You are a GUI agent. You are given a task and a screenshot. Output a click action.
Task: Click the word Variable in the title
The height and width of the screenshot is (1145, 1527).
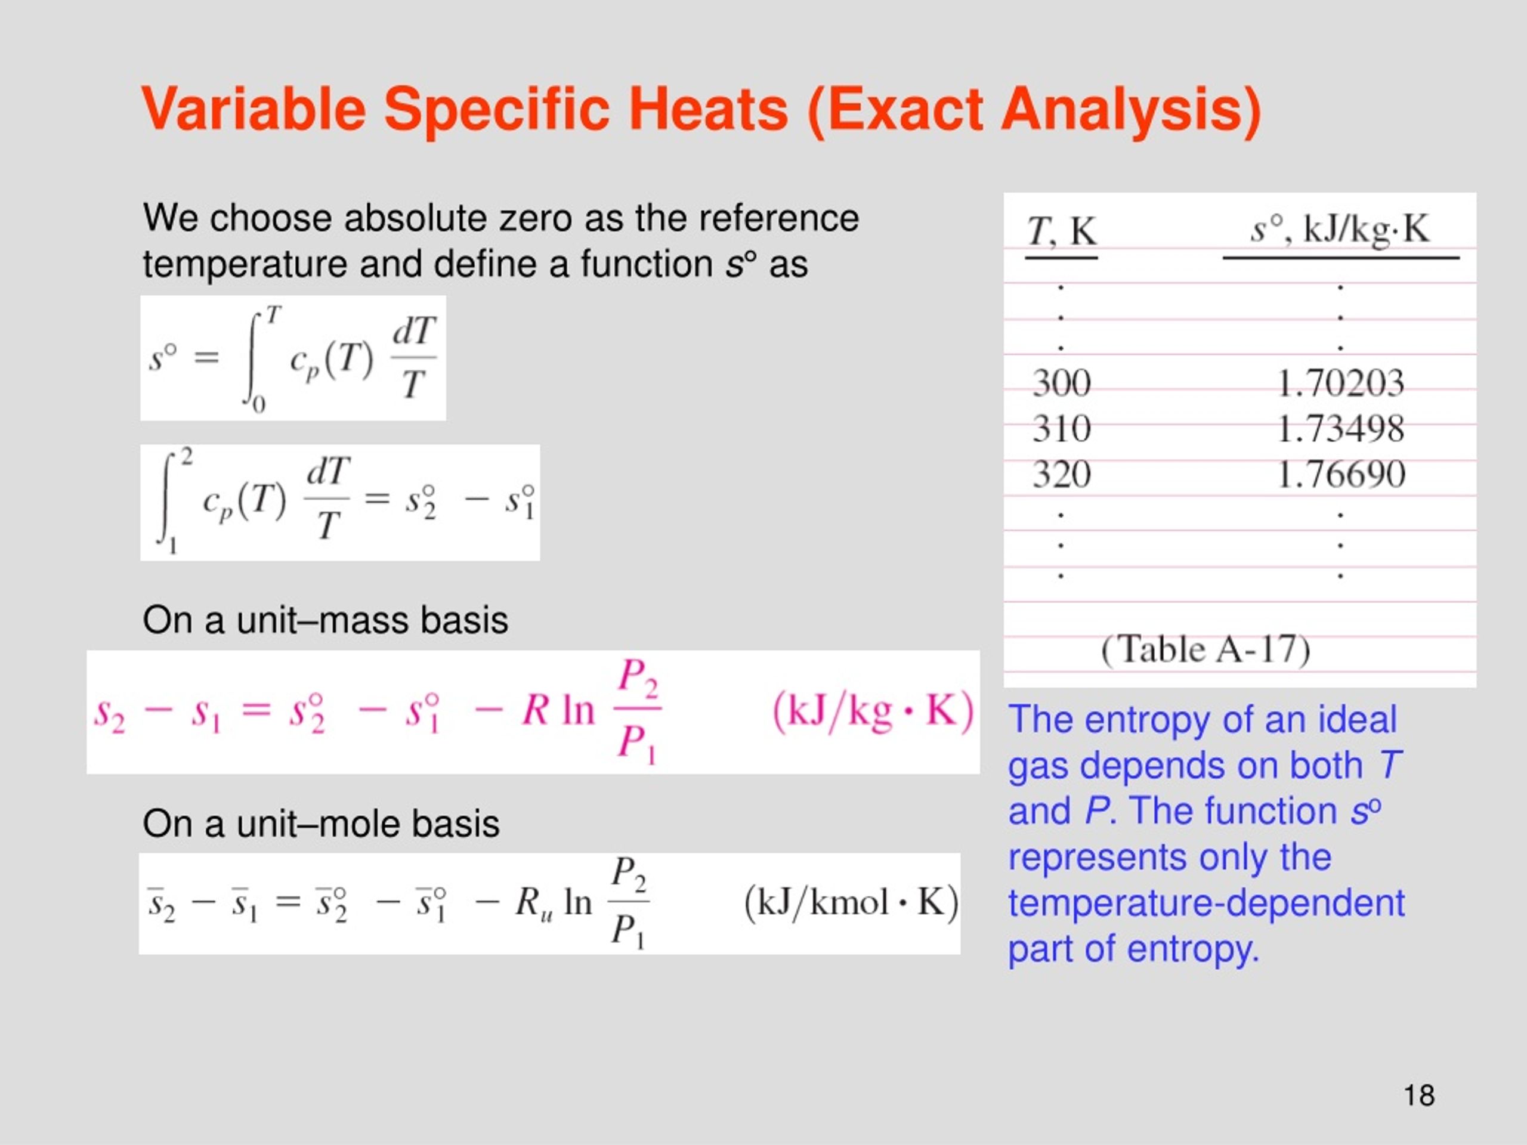254,110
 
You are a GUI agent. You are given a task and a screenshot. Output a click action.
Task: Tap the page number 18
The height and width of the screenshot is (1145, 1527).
1418,1096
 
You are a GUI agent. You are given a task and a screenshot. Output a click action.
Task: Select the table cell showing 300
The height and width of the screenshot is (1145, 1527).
1061,383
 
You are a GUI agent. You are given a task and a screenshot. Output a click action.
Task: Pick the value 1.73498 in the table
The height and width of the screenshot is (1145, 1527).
1340,429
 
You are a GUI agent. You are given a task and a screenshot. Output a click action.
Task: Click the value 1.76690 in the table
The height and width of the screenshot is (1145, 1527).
1340,475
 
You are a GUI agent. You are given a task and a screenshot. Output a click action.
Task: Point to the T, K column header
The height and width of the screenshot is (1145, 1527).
1061,231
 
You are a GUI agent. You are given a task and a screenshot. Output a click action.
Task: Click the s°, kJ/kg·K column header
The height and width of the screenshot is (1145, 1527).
1339,229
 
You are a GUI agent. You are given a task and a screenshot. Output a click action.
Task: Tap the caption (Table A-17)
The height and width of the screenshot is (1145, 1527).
1205,649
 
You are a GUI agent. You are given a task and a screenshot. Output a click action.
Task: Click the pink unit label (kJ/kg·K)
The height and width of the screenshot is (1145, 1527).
873,711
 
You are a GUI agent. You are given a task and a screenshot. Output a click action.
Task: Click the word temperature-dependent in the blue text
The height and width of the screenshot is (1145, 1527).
1206,903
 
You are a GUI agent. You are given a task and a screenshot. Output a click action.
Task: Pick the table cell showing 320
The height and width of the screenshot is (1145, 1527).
1061,475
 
